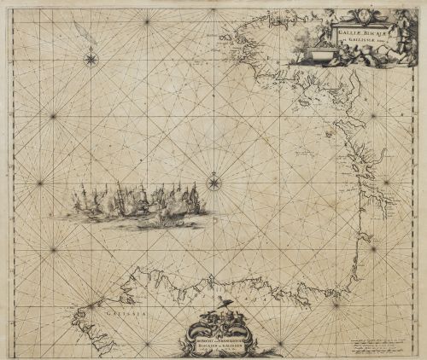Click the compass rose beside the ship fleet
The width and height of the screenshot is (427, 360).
pyautogui.click(x=213, y=182)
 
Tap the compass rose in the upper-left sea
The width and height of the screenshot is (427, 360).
pyautogui.click(x=91, y=59)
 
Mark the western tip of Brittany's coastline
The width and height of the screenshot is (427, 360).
pyautogui.click(x=224, y=37)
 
